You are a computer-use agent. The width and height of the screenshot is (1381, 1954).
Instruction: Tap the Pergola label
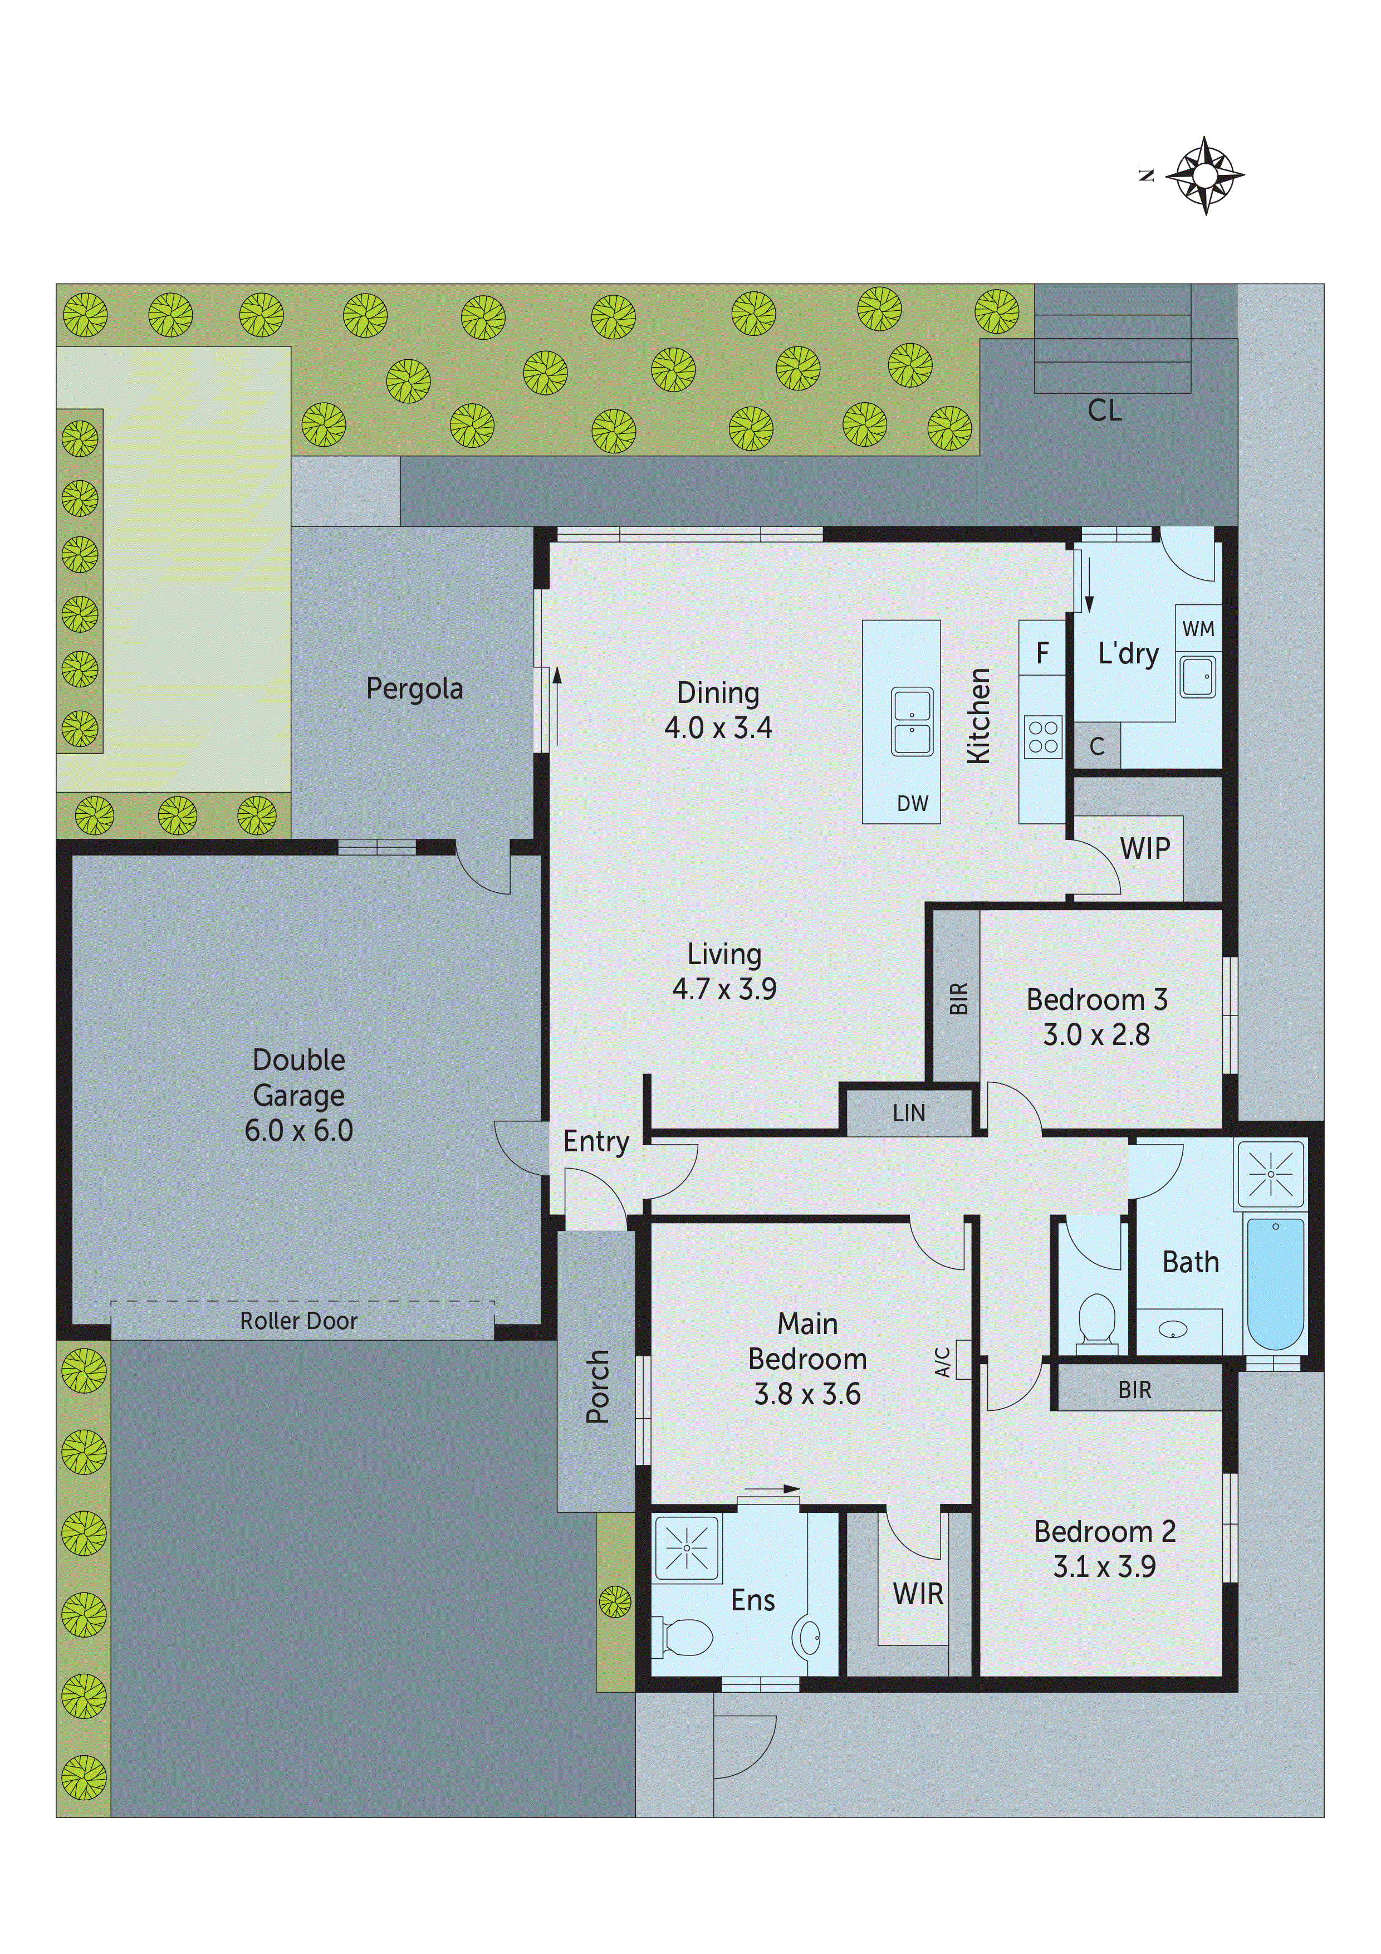[x=414, y=688]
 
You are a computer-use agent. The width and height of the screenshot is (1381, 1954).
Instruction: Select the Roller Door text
[x=298, y=1321]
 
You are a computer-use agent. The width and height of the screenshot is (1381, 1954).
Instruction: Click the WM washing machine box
[x=1198, y=629]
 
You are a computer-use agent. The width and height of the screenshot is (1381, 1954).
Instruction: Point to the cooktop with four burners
[x=1042, y=737]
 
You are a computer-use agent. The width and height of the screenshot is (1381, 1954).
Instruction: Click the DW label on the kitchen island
[x=912, y=803]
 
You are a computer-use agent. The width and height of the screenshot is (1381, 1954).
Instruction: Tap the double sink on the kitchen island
[x=912, y=722]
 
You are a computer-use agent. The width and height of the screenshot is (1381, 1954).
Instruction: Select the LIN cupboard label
[x=909, y=1113]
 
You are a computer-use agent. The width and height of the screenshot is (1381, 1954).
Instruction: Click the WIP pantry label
[x=1144, y=848]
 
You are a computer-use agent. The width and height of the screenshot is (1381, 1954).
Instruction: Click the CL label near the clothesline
[x=1104, y=411]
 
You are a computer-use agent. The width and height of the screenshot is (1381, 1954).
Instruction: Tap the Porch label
[x=598, y=1386]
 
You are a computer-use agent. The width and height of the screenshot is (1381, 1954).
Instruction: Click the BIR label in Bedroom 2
[x=1134, y=1390]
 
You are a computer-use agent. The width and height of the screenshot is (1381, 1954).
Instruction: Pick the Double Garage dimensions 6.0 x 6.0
[x=298, y=1130]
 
